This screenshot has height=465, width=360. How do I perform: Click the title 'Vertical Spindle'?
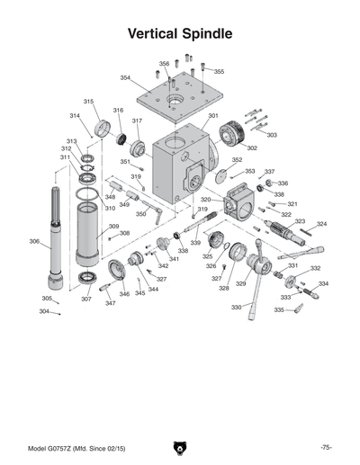click(x=180, y=34)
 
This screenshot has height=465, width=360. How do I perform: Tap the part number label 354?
click(x=125, y=77)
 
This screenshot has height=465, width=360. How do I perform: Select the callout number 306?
click(x=33, y=241)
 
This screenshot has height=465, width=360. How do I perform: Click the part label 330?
click(x=236, y=308)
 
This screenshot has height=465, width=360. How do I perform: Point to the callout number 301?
click(x=213, y=116)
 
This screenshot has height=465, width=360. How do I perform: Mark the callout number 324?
click(x=321, y=224)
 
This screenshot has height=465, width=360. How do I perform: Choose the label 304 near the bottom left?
click(x=43, y=311)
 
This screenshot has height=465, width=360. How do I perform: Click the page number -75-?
click(x=326, y=447)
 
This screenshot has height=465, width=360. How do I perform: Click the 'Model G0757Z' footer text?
click(x=76, y=447)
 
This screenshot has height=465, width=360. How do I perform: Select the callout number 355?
click(x=219, y=72)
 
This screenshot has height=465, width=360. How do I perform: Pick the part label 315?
click(x=89, y=102)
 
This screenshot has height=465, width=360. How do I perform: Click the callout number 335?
click(x=279, y=309)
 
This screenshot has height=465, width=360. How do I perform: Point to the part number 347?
click(x=110, y=303)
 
